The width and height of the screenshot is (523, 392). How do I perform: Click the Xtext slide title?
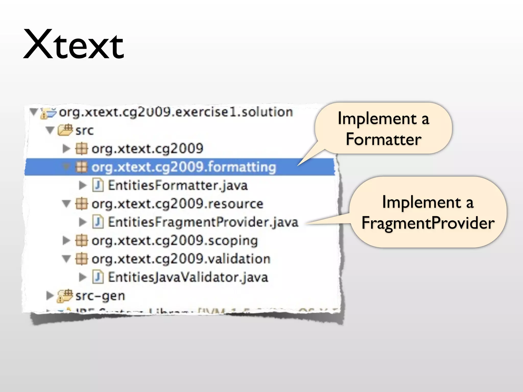(x=74, y=45)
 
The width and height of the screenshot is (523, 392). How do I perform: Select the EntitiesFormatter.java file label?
(x=177, y=185)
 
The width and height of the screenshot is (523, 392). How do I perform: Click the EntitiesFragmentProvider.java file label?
(x=203, y=222)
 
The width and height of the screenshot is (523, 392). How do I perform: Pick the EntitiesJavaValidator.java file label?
(x=188, y=277)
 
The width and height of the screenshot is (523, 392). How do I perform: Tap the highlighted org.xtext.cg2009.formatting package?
(x=184, y=167)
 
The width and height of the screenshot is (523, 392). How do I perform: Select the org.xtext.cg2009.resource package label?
(x=177, y=204)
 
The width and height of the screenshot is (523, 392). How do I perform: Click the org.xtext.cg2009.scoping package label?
(x=175, y=241)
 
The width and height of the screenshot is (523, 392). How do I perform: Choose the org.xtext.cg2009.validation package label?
(x=181, y=259)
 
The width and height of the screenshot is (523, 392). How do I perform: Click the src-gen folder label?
(x=100, y=296)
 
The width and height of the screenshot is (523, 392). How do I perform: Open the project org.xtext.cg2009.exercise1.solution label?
(x=176, y=112)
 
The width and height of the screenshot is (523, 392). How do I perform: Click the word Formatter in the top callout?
(x=383, y=139)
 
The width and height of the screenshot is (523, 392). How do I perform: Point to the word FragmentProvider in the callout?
(x=428, y=223)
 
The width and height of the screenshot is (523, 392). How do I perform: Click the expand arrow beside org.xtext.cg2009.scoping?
(x=66, y=240)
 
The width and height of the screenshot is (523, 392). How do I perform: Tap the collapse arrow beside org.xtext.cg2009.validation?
(x=66, y=259)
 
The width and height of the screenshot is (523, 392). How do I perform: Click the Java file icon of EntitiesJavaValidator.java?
(x=98, y=277)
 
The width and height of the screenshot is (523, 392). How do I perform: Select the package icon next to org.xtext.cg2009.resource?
(x=82, y=204)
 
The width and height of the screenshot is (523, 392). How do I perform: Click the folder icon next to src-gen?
(x=65, y=296)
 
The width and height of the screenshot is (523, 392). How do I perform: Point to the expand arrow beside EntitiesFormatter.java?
(x=82, y=185)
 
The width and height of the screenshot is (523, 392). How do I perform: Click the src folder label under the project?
(x=85, y=130)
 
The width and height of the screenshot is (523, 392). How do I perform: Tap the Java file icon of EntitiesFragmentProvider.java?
(x=98, y=222)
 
